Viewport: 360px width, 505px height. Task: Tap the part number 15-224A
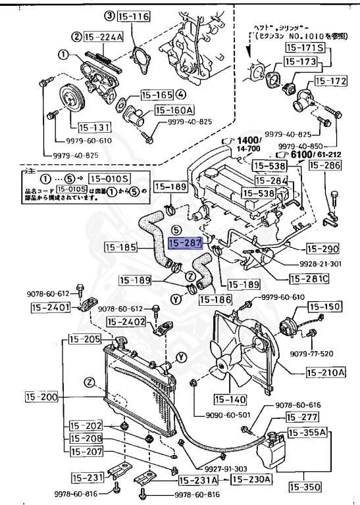coord(103,36)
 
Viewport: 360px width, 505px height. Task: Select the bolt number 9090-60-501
coord(217,414)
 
